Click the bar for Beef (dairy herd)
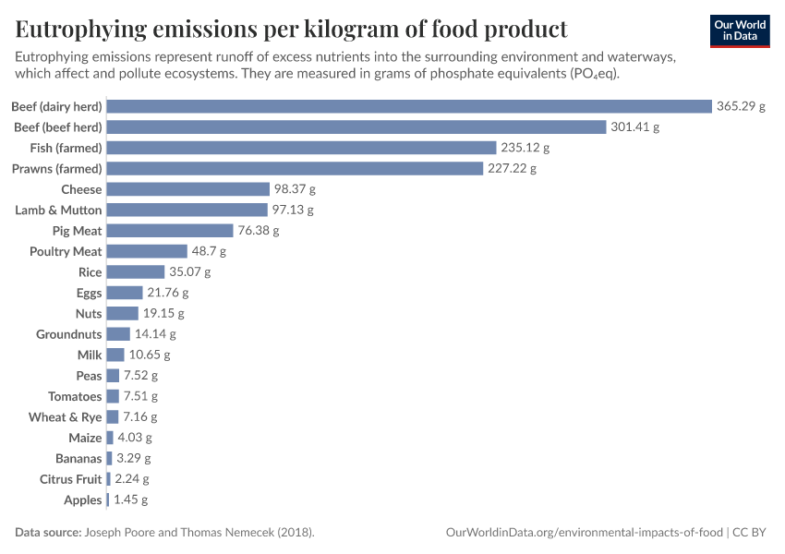point(409,106)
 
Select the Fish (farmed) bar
point(302,148)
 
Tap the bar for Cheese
point(187,189)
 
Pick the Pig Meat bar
point(170,231)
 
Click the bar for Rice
point(137,272)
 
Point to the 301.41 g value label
point(634,127)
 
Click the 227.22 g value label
point(512,169)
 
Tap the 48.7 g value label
point(209,252)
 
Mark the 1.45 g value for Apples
point(130,500)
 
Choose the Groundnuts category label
point(69,334)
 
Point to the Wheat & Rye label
point(66,417)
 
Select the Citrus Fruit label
point(71,479)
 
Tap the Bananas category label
point(78,459)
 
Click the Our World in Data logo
point(740,31)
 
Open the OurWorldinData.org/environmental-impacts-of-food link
point(585,533)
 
